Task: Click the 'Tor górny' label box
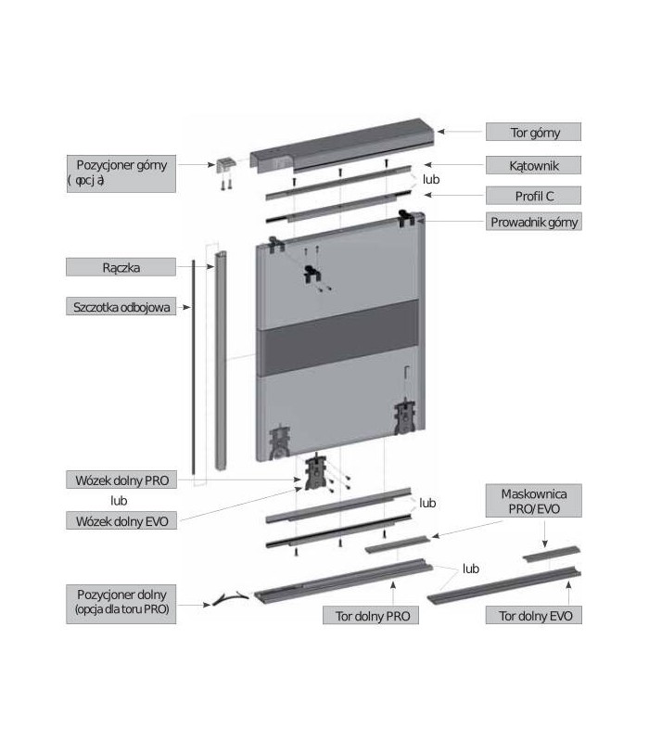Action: [534, 133]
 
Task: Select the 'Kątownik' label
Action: [534, 165]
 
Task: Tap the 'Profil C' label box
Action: [534, 196]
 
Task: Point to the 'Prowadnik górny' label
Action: [534, 224]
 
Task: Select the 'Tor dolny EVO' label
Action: [534, 615]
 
